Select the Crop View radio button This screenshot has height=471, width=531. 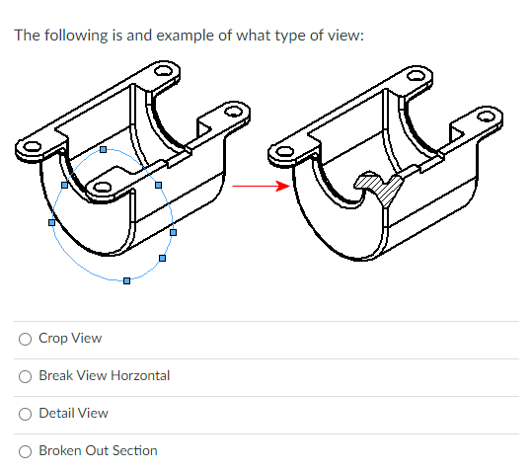(x=25, y=339)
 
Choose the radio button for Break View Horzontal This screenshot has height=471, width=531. (x=25, y=376)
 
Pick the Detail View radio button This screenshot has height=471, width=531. (x=25, y=414)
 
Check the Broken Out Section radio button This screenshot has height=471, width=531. (x=25, y=451)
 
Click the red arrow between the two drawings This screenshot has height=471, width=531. (x=262, y=186)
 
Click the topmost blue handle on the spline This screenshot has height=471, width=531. (x=104, y=149)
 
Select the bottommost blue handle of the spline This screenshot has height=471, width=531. (x=126, y=280)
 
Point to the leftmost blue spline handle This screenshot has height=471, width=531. (x=51, y=222)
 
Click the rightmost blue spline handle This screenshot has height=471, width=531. (x=173, y=232)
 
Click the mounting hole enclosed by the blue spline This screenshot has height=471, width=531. (x=103, y=188)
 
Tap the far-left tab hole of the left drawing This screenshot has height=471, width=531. (x=32, y=147)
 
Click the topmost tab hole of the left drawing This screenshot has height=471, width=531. (x=163, y=71)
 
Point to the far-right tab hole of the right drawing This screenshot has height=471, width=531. (x=487, y=117)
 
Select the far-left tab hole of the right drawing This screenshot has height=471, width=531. (x=285, y=151)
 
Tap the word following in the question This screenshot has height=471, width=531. (x=76, y=36)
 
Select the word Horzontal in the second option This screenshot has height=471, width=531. (x=140, y=375)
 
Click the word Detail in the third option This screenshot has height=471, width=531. (x=53, y=413)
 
